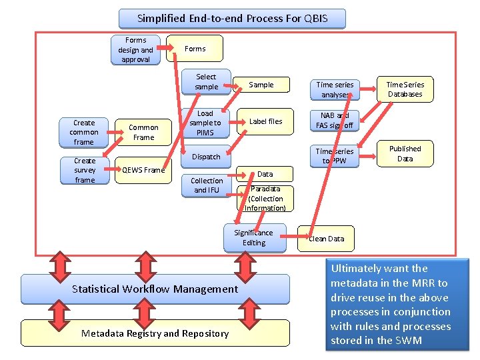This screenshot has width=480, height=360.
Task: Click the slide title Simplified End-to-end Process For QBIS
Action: point(232,18)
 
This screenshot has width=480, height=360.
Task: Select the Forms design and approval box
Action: point(136,50)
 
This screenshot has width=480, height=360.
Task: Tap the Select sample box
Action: point(206,81)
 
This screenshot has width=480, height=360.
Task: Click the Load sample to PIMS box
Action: point(205,123)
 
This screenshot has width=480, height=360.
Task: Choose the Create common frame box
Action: point(84,132)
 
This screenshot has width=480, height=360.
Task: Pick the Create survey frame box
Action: point(85,170)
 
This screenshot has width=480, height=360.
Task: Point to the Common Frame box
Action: point(143,132)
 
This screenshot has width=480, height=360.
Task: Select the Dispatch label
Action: point(206,157)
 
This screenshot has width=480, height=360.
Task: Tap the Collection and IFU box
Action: point(207,185)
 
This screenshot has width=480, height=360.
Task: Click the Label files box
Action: point(265,121)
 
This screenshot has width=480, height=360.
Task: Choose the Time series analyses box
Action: point(335,89)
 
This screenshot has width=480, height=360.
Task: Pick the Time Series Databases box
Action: point(405,89)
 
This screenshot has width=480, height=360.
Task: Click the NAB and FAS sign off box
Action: point(335,120)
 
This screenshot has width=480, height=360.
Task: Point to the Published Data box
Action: point(405,153)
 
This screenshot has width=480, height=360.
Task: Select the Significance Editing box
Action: point(253,237)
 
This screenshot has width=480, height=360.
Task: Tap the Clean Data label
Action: point(326,239)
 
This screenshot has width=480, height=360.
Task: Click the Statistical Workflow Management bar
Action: point(155,289)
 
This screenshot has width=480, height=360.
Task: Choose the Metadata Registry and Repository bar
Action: point(155,333)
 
